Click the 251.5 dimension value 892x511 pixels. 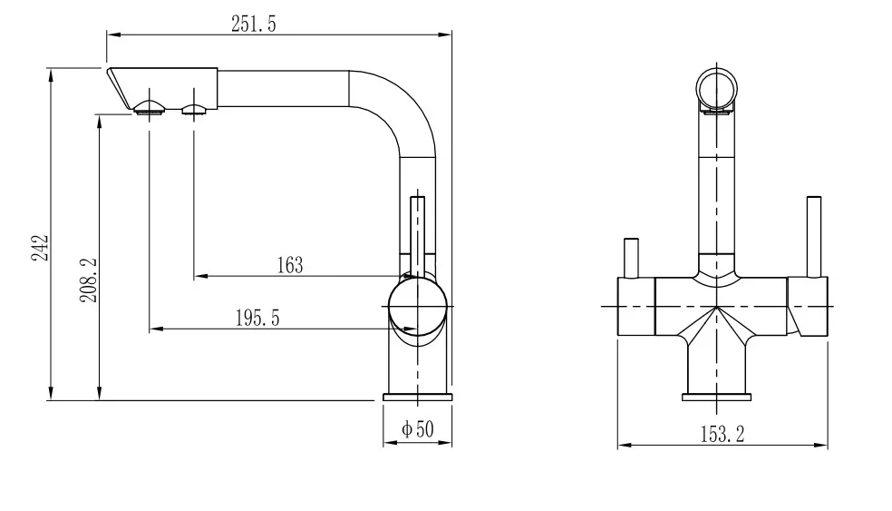[254, 25]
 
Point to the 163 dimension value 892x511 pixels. [289, 265]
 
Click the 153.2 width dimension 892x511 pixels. [722, 434]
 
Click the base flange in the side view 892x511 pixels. [417, 397]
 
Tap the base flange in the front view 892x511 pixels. [716, 396]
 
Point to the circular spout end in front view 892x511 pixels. [718, 89]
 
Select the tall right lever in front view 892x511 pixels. [813, 233]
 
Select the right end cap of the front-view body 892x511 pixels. [808, 307]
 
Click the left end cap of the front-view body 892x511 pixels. [635, 307]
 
